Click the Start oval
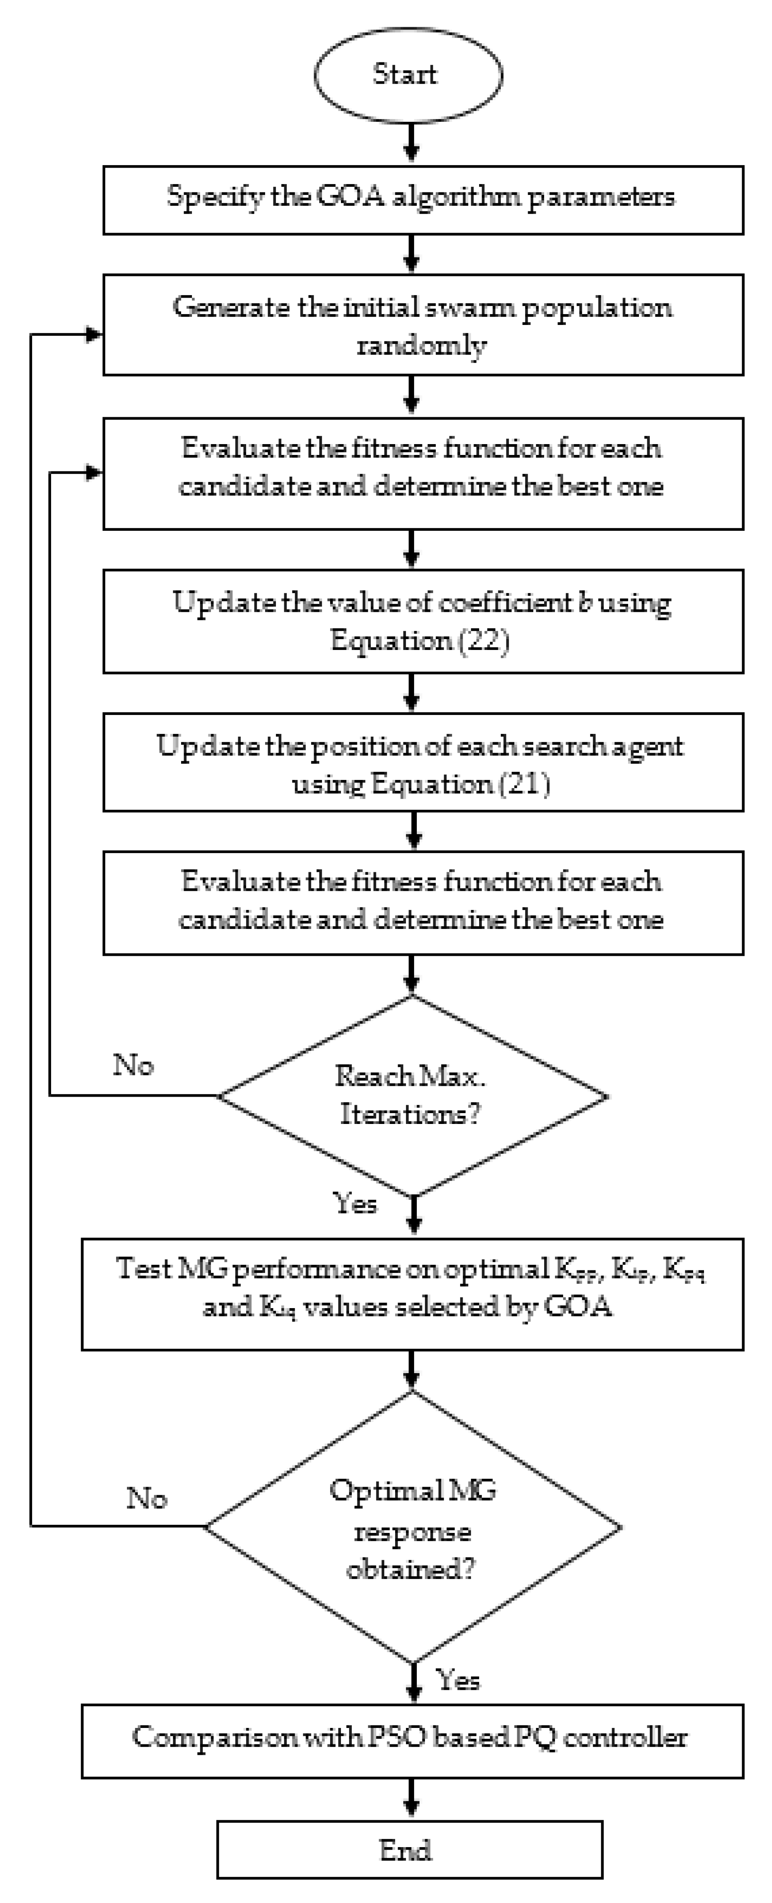(x=408, y=75)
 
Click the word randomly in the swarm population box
(x=421, y=345)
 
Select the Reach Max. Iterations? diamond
(x=412, y=1095)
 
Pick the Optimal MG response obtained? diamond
(x=412, y=1528)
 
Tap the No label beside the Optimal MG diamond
(x=146, y=1497)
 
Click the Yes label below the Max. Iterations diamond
(x=355, y=1203)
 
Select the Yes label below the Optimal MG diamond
(x=458, y=1680)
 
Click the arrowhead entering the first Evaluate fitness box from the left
(x=94, y=473)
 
